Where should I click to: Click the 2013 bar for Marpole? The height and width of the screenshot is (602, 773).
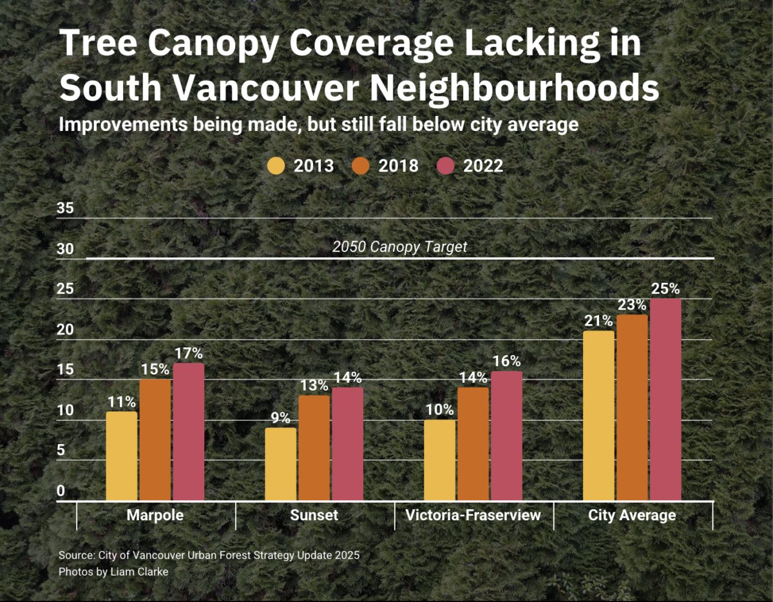point(122,456)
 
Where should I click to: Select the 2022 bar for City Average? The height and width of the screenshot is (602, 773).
point(665,400)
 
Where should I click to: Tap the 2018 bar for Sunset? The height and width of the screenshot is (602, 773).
point(314,448)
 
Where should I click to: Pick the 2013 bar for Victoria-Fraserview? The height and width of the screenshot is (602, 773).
point(440,460)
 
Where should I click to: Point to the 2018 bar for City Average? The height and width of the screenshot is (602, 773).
point(632,407)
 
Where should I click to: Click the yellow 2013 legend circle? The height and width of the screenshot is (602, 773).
point(276,166)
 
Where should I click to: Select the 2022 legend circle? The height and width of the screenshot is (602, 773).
point(446,166)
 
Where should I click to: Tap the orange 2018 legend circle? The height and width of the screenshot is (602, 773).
point(361,166)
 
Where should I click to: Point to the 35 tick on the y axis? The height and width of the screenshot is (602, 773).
point(66,208)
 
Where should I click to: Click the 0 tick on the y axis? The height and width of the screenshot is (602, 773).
point(61,490)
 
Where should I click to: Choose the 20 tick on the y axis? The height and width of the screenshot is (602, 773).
point(66,329)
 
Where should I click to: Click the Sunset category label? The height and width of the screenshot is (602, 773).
point(314,516)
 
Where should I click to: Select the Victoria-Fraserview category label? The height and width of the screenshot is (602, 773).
point(473,516)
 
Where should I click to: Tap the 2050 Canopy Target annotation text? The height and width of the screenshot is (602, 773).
point(399,247)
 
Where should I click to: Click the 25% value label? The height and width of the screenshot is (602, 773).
point(665,289)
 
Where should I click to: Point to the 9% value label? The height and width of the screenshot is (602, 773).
point(280,418)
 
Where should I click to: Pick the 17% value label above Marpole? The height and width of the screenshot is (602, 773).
point(188,353)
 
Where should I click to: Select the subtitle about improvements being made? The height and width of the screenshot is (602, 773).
point(318,124)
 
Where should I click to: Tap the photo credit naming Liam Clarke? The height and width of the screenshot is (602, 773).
point(113,572)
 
